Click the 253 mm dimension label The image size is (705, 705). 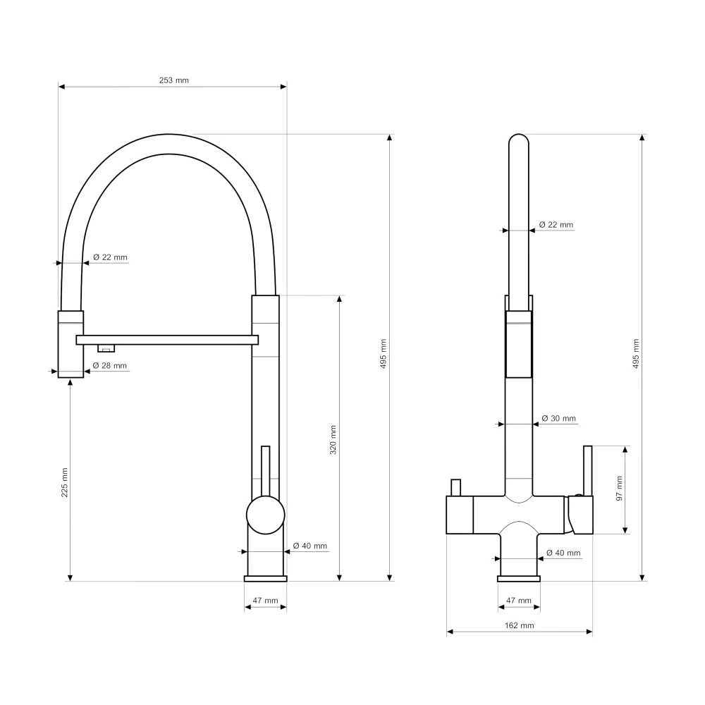[x=173, y=80]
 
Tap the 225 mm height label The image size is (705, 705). [x=65, y=482]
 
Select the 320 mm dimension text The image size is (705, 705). [x=333, y=440]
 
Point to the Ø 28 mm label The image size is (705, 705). [x=110, y=365]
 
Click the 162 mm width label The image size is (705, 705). [x=520, y=625]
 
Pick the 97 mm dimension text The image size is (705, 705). [x=620, y=489]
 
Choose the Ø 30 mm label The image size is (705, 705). [x=559, y=419]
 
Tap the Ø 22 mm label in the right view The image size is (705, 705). [x=556, y=225]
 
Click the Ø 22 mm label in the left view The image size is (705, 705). [x=110, y=257]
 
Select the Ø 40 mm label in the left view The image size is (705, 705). [x=309, y=546]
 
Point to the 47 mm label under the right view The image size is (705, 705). [x=519, y=600]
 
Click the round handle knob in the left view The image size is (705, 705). [x=266, y=515]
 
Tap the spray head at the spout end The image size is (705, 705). [x=70, y=344]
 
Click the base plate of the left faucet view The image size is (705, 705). [x=265, y=579]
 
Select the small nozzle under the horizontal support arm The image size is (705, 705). [x=106, y=348]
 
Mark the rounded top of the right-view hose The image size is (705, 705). [x=518, y=139]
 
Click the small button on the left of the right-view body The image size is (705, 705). [x=455, y=488]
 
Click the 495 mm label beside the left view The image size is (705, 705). [x=384, y=354]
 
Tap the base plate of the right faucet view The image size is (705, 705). [x=519, y=579]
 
